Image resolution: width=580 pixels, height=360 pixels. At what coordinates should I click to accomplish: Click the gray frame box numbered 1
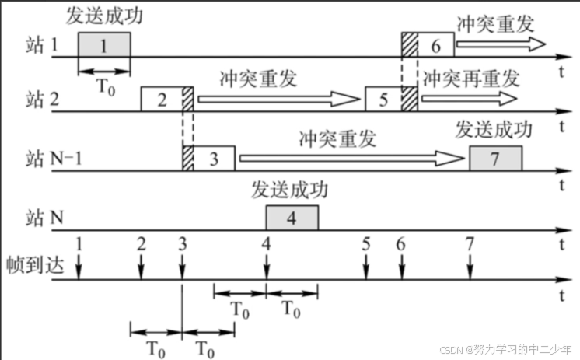point(103,45)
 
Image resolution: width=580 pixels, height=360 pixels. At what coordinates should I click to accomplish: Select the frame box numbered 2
point(161,100)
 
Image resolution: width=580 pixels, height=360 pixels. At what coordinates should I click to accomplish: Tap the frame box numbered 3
point(214,158)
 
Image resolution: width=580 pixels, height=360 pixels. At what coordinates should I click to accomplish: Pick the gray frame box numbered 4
point(292,218)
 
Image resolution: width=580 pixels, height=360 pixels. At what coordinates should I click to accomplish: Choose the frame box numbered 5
point(383,100)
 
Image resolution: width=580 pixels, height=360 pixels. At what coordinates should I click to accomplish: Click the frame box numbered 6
point(435,45)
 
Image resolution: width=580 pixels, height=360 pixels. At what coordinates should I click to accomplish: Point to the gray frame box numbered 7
point(495,158)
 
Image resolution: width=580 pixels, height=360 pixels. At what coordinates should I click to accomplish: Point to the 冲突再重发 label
point(470,78)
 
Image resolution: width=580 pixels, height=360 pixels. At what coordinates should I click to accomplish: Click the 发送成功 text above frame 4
point(291,190)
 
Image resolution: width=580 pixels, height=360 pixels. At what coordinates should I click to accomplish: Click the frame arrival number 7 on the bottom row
point(470,243)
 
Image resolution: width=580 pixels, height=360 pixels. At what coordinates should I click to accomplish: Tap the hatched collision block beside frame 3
point(187,158)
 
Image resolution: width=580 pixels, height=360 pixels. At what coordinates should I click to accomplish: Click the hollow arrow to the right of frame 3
point(351,158)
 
